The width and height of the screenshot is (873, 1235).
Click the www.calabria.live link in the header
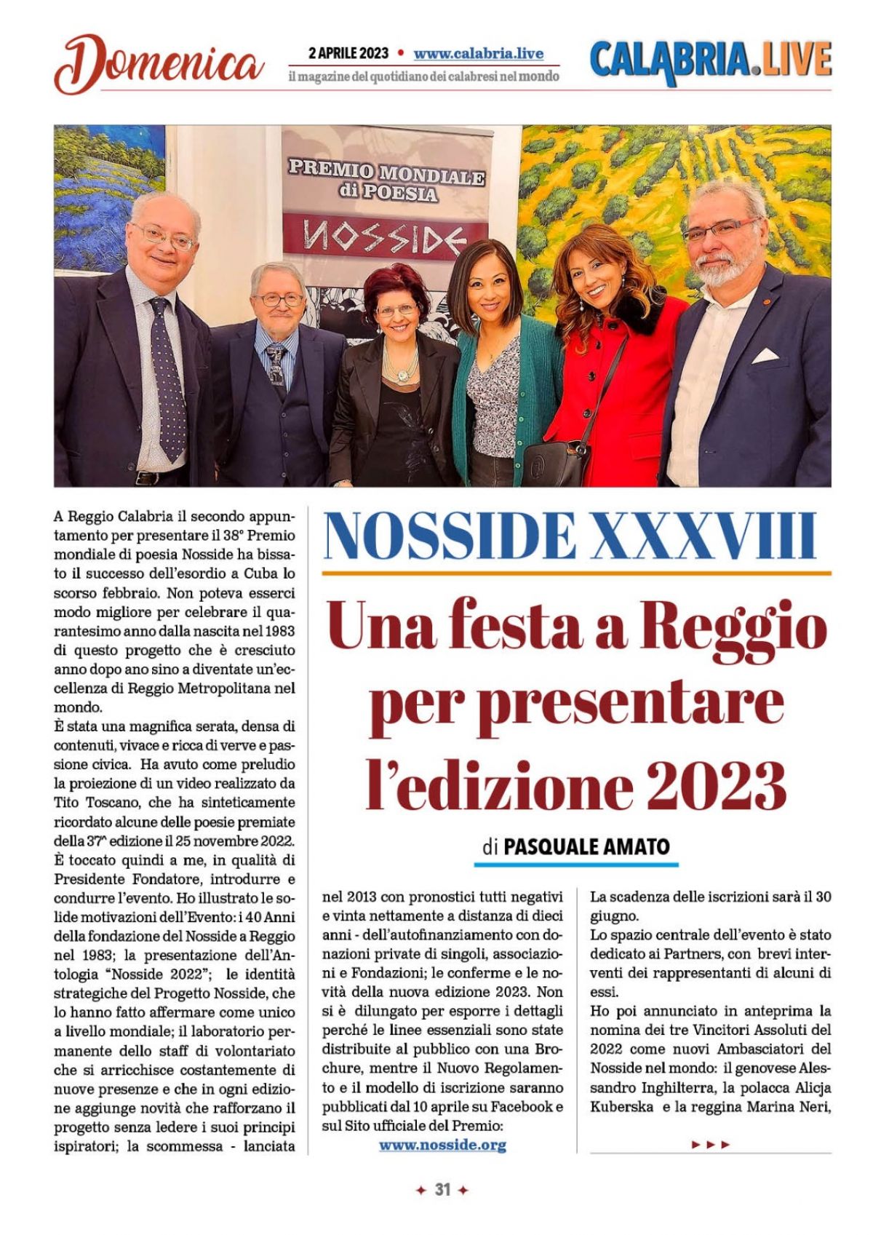pos(478,54)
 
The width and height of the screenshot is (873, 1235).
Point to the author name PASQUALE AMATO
pos(586,846)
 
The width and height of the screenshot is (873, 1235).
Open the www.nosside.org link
pos(442,1145)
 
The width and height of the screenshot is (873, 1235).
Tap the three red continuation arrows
pos(710,1145)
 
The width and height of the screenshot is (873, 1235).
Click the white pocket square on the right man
pos(765,356)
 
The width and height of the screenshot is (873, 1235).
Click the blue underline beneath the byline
pos(575,865)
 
